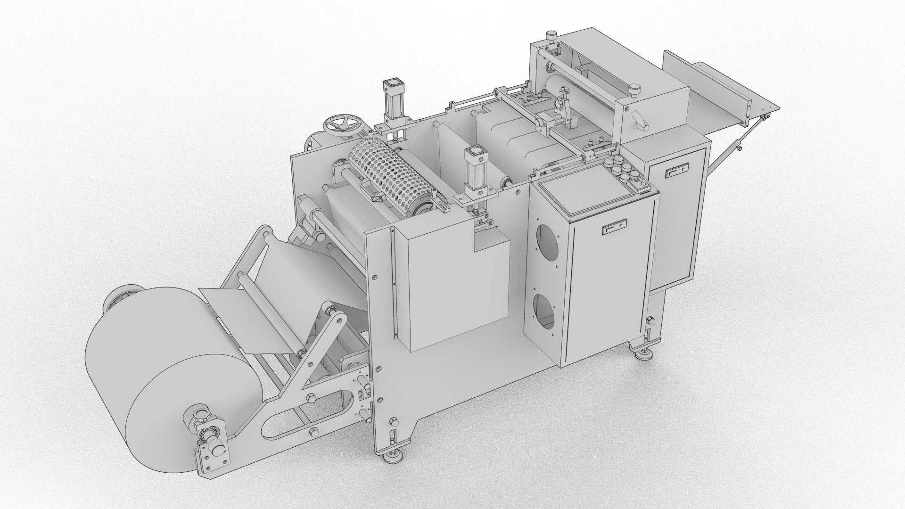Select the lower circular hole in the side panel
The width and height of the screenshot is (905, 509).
(x=546, y=311)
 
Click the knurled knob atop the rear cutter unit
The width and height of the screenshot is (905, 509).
(x=550, y=36)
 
